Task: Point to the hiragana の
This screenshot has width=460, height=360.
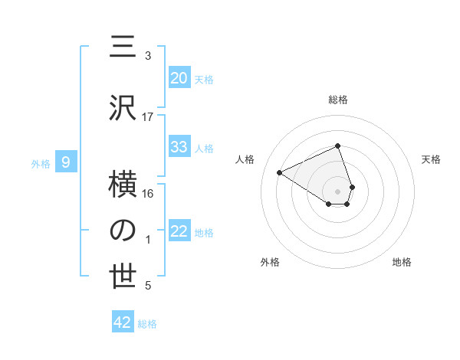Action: pyautogui.click(x=123, y=231)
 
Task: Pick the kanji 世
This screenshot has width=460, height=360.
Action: pyautogui.click(x=123, y=277)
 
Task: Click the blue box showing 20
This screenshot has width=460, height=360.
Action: pyautogui.click(x=179, y=77)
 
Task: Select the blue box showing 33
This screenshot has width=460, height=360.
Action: pyautogui.click(x=179, y=147)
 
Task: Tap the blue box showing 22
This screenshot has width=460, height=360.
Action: pyautogui.click(x=179, y=231)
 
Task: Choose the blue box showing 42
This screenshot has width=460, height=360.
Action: pyautogui.click(x=123, y=322)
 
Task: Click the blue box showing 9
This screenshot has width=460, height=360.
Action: pyautogui.click(x=67, y=162)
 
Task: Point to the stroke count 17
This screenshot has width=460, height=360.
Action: pyautogui.click(x=148, y=117)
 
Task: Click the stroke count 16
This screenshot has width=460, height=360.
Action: pyautogui.click(x=148, y=194)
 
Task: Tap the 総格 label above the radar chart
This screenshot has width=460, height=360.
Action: pyautogui.click(x=338, y=100)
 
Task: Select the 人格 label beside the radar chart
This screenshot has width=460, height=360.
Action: pyautogui.click(x=245, y=159)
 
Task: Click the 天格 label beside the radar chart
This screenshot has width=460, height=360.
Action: pyautogui.click(x=432, y=159)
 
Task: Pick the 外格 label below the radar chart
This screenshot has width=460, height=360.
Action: pyautogui.click(x=270, y=262)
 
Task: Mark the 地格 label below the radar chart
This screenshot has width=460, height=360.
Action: pyautogui.click(x=402, y=262)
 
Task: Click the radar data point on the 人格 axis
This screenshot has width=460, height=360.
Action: pyautogui.click(x=280, y=172)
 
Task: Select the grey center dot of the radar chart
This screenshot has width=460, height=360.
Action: pyautogui.click(x=338, y=191)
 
